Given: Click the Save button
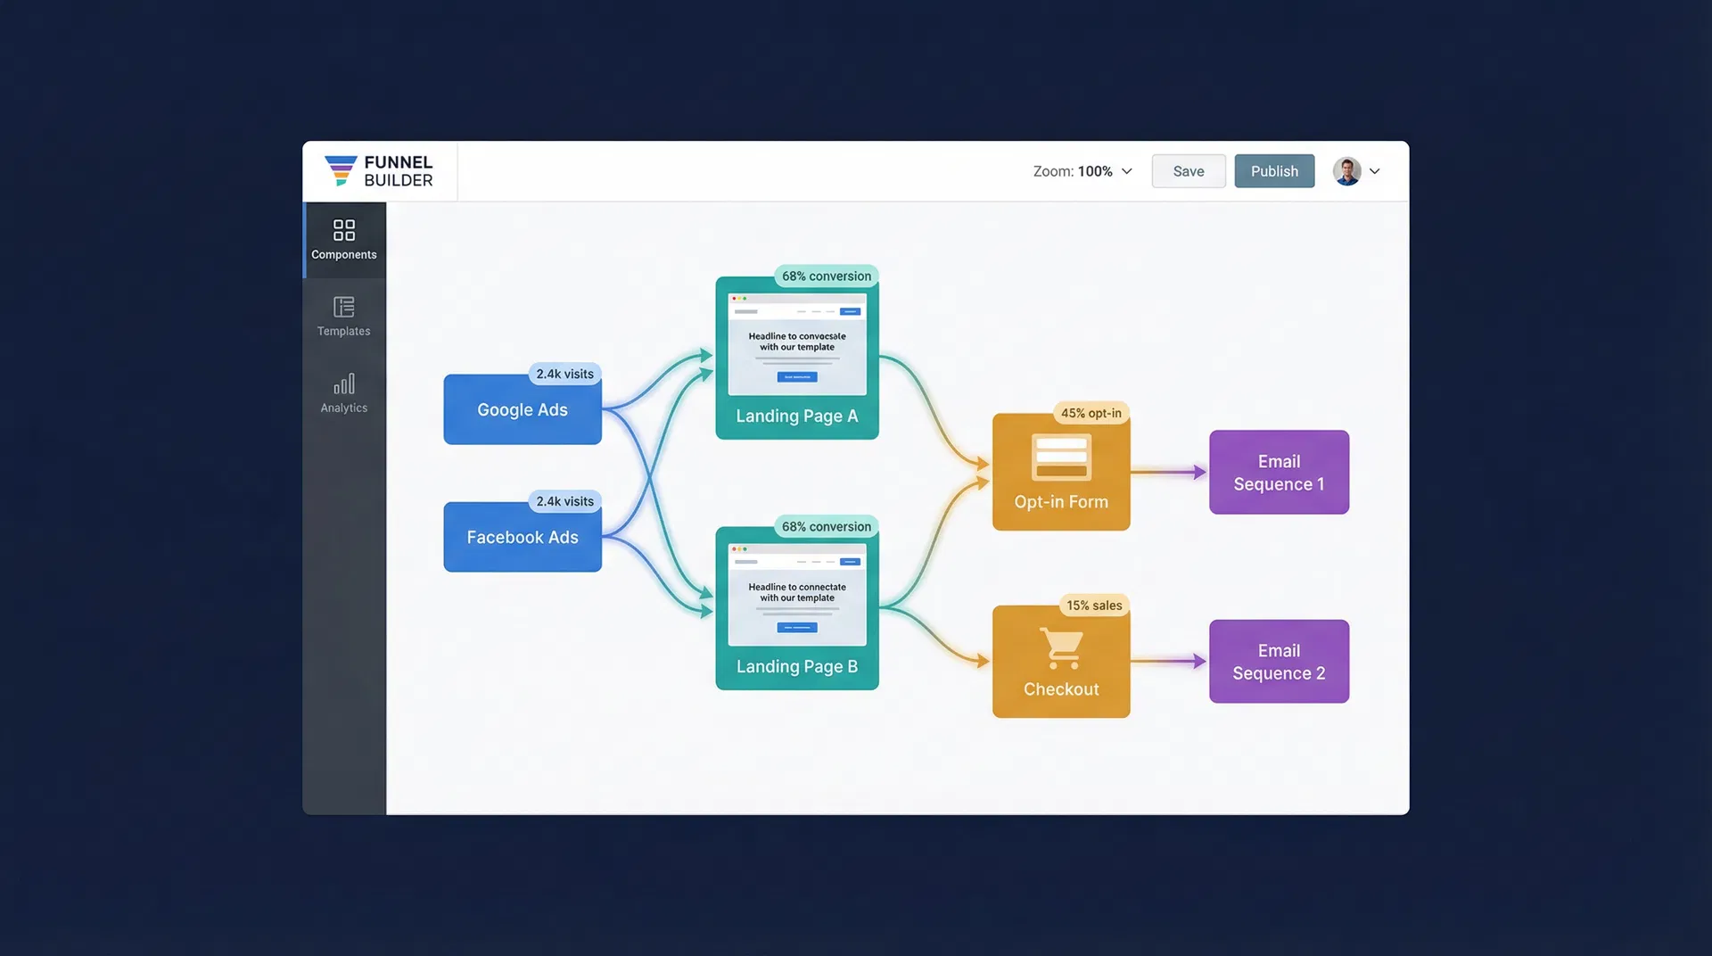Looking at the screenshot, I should point(1188,171).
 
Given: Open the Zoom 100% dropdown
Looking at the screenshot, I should point(1082,171).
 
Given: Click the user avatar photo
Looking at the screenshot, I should point(1346,171).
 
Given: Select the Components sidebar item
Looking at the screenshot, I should point(344,240).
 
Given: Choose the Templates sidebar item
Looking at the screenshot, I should point(344,317).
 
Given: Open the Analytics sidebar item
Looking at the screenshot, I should point(344,393).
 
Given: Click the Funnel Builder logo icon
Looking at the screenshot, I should point(341,170).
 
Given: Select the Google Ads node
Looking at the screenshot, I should point(523,410).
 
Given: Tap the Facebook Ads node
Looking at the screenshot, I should point(523,538).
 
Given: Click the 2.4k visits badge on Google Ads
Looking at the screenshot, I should point(564,374).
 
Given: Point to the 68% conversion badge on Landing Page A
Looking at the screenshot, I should point(826,276).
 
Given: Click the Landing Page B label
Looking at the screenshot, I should point(796,667).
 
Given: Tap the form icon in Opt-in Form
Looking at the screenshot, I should point(1061,457).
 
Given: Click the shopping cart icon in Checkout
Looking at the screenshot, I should point(1061,648).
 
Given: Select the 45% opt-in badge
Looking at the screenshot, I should point(1091,413).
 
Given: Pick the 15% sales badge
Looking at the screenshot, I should point(1094,606).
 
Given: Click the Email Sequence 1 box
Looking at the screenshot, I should point(1279,473).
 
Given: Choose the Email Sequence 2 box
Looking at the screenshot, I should point(1279,662).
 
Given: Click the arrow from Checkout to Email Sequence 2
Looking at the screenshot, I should point(1168,662).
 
